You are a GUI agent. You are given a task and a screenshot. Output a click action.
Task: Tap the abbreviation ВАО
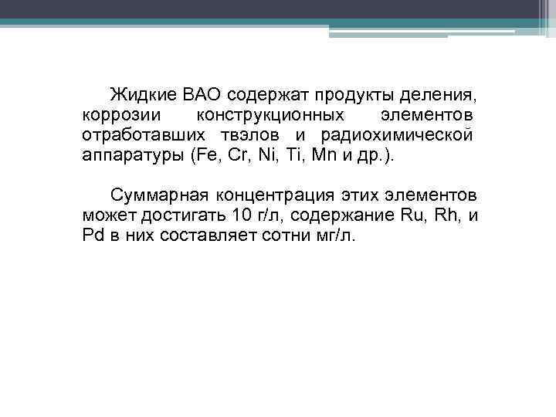(202, 95)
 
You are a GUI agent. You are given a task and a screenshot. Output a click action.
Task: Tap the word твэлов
(236, 134)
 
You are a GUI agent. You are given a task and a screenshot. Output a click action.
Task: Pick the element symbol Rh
(446, 214)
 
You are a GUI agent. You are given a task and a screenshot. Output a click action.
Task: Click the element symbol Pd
(92, 233)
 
